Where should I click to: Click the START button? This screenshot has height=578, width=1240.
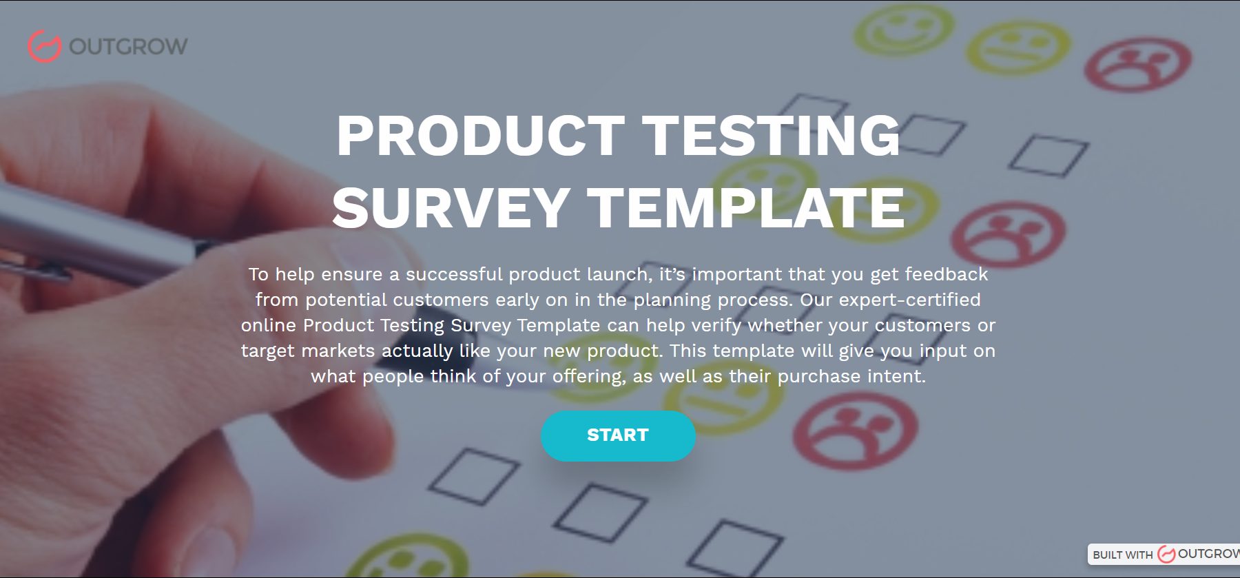(x=618, y=435)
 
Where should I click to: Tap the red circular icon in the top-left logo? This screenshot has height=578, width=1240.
(x=44, y=46)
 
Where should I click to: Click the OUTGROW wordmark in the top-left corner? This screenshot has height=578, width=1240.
(x=128, y=47)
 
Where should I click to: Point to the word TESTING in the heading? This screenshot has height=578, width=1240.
(x=772, y=136)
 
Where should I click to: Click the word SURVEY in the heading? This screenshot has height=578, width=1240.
(x=451, y=207)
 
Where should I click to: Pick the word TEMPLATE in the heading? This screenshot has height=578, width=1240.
(x=746, y=207)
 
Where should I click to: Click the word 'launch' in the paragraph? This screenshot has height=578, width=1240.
(x=618, y=274)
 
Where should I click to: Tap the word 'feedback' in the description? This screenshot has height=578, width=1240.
(x=947, y=274)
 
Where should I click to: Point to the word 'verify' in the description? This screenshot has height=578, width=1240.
(x=716, y=325)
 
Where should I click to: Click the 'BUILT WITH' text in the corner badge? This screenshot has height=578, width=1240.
(x=1123, y=555)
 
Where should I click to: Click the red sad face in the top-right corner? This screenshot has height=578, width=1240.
(x=1138, y=64)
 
